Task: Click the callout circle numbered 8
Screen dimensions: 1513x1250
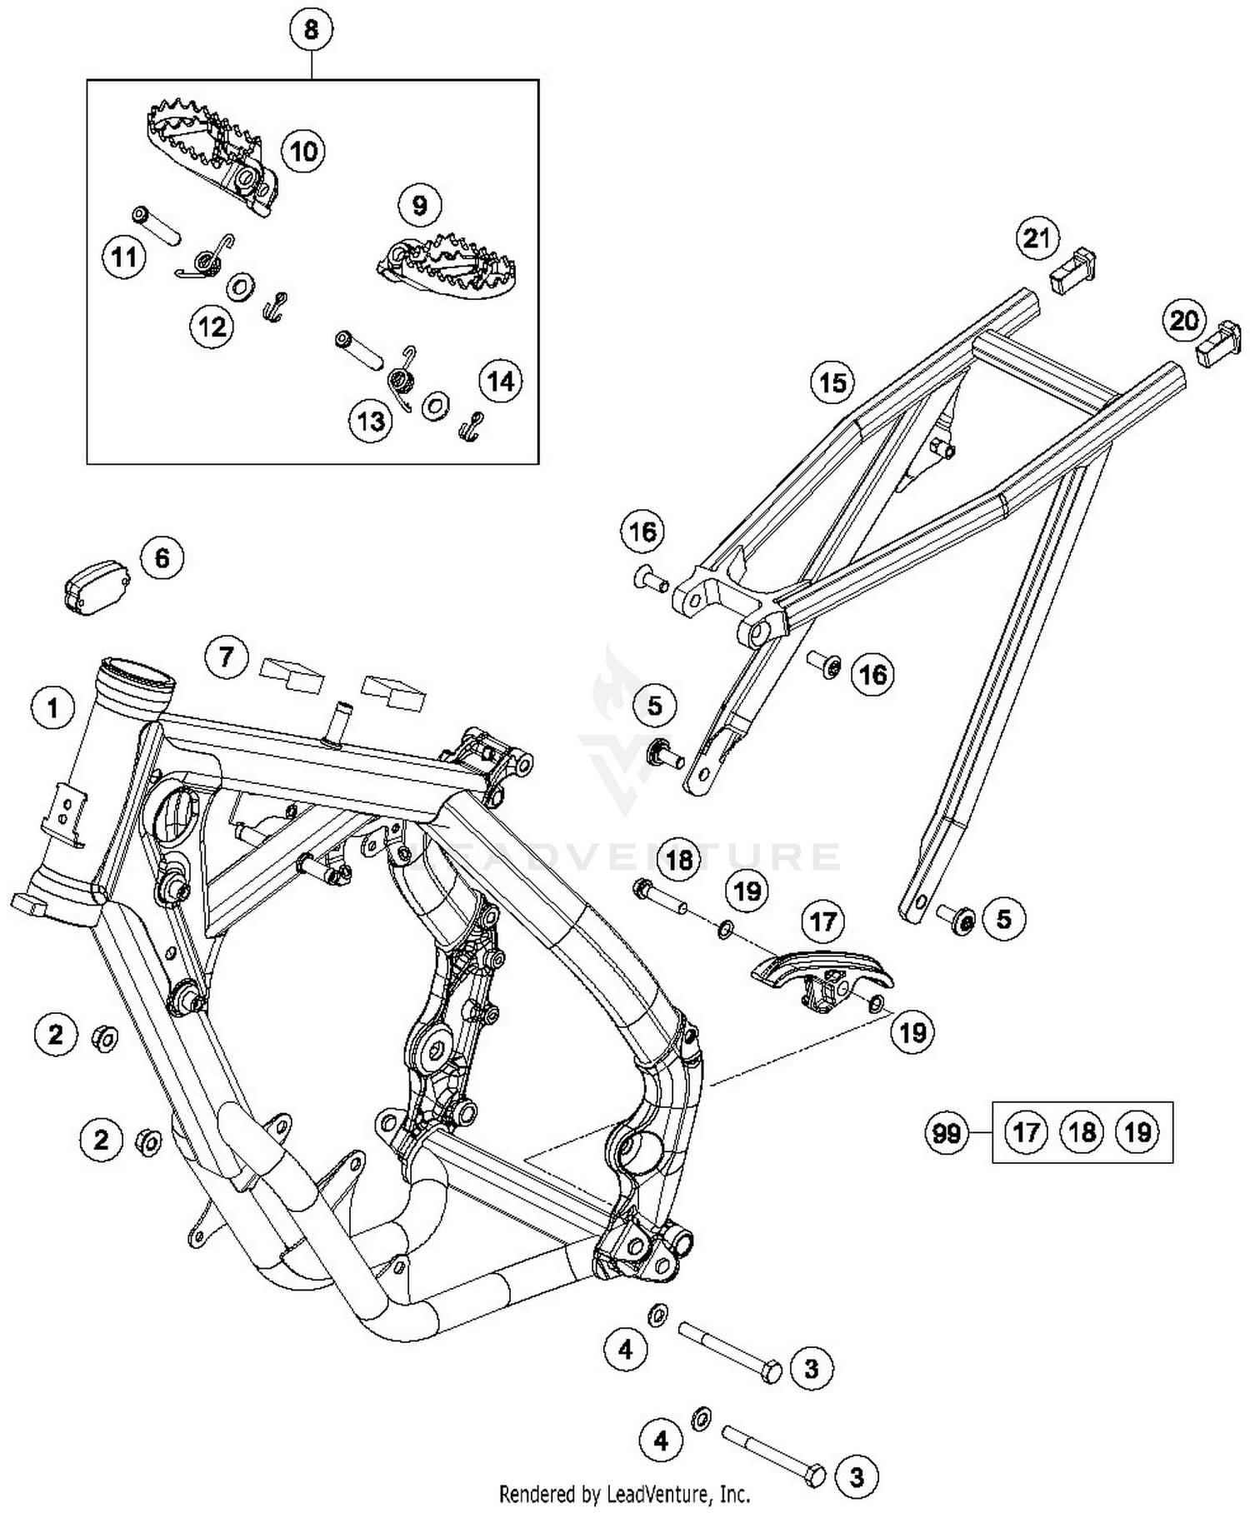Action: [x=311, y=30]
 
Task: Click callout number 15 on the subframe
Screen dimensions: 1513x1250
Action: [x=832, y=382]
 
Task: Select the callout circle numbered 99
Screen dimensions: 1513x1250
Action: [x=947, y=1133]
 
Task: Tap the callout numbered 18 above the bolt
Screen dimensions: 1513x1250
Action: [x=679, y=859]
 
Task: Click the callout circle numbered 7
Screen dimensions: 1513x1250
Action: [x=227, y=657]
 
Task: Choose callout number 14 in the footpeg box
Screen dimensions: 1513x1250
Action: [x=500, y=381]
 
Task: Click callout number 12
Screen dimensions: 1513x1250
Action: [x=212, y=327]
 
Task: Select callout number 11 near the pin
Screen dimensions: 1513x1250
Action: [x=124, y=256]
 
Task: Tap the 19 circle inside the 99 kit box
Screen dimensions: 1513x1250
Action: [x=1137, y=1132]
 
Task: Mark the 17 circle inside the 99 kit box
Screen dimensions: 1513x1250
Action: [x=1026, y=1132]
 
